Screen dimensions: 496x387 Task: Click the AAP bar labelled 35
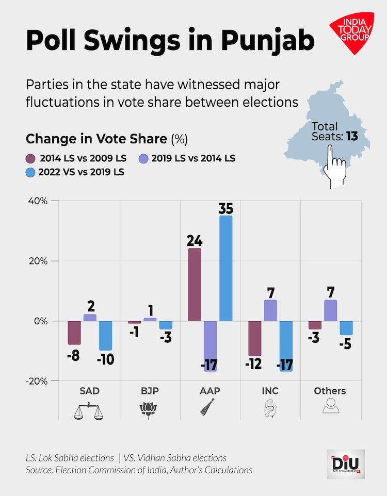tap(225, 268)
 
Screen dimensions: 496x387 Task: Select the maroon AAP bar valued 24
tap(195, 285)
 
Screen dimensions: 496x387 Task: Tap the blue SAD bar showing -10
tap(106, 336)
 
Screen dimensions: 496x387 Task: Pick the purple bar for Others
tap(331, 310)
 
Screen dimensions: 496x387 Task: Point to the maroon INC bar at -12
tap(254, 338)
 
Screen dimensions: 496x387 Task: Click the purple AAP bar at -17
tap(210, 346)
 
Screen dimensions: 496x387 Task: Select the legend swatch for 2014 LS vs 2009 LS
tap(30, 158)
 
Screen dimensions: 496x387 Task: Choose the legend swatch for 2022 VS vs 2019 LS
tap(30, 172)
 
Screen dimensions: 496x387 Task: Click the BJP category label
tap(150, 391)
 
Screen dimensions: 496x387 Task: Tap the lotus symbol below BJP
tap(149, 410)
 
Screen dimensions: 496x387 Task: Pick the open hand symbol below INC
tap(269, 409)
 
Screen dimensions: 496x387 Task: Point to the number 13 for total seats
tap(352, 137)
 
